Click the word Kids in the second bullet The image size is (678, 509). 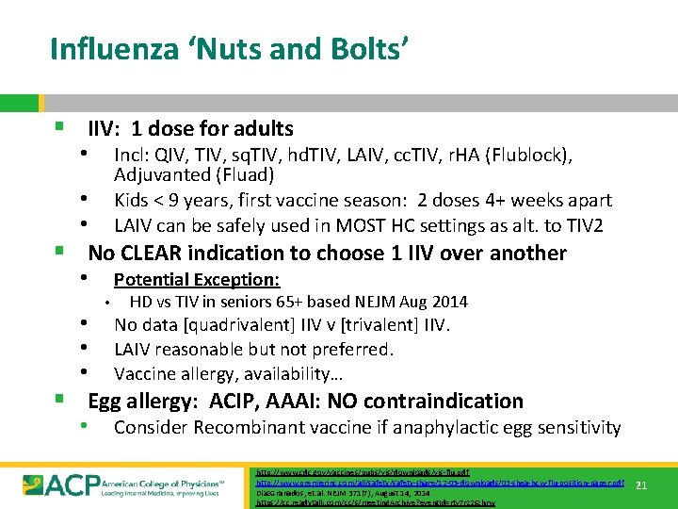(134, 200)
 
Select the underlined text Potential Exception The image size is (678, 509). (196, 279)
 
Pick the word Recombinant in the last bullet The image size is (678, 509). (237, 428)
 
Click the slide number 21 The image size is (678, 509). (640, 485)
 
